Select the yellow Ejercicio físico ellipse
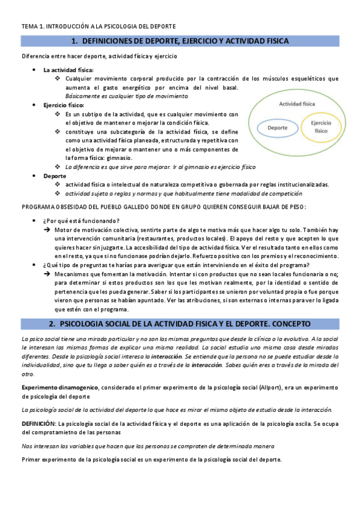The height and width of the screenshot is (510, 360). [321, 126]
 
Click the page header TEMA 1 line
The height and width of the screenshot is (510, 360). [99, 26]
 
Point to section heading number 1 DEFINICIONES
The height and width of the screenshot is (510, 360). [180, 41]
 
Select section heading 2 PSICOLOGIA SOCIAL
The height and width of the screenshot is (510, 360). [180, 324]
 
